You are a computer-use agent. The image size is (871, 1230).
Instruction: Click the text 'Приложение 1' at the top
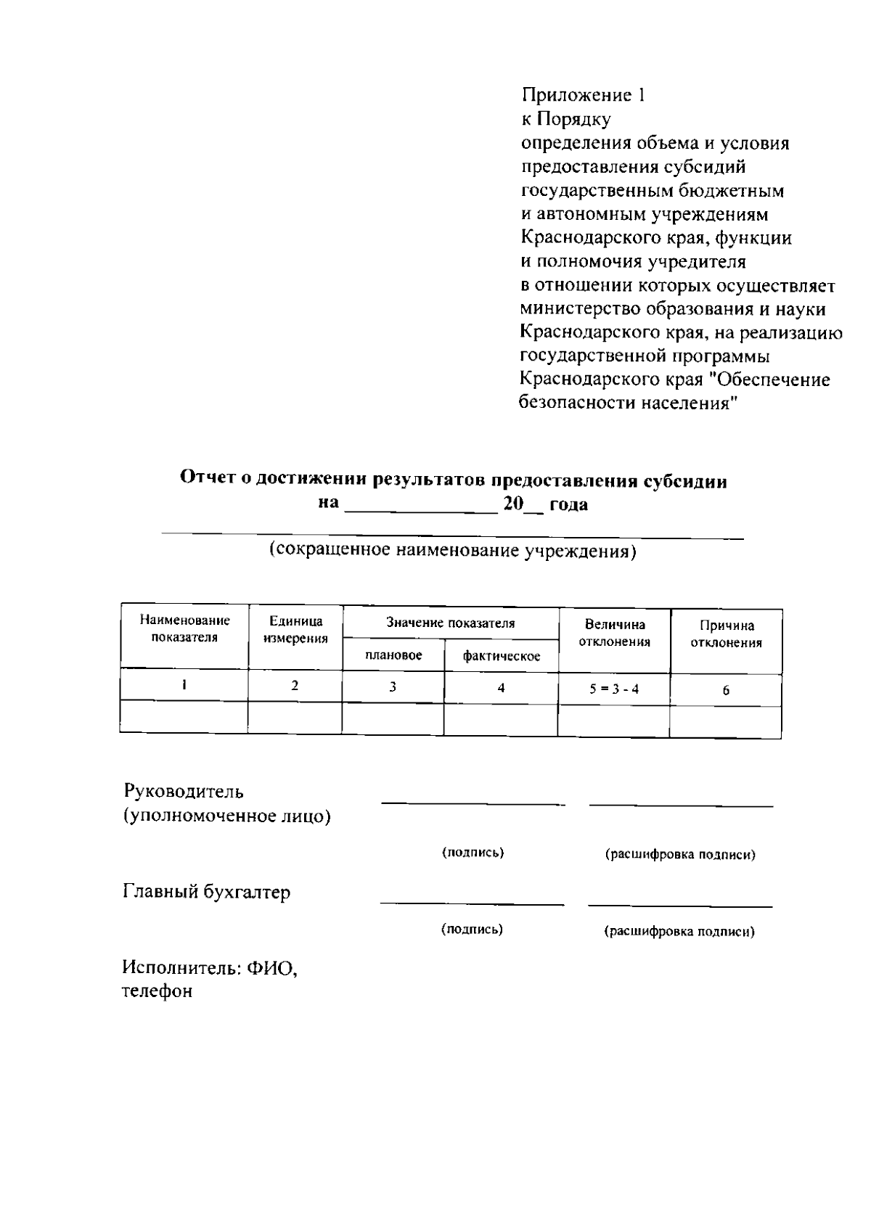(x=583, y=95)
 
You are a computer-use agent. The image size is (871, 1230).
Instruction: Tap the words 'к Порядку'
(x=566, y=119)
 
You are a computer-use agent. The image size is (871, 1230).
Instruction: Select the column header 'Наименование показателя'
(x=184, y=628)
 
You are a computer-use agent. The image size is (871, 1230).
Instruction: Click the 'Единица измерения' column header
(x=295, y=630)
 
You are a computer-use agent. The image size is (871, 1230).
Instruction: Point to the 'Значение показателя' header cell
(x=450, y=623)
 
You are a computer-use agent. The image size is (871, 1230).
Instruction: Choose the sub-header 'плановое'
(x=393, y=655)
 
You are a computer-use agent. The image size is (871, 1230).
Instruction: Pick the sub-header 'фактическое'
(x=502, y=656)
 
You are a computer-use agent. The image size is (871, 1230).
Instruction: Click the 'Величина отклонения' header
(x=614, y=633)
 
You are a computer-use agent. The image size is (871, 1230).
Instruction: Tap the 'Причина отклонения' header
(x=726, y=634)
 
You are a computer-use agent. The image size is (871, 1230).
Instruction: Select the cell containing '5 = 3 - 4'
(x=614, y=689)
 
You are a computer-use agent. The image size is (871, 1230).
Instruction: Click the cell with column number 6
(x=726, y=690)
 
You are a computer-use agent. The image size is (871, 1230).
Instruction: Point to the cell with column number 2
(x=295, y=685)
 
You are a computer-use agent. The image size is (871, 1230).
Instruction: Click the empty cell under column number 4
(x=501, y=719)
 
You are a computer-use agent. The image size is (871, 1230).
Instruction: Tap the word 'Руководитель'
(x=184, y=790)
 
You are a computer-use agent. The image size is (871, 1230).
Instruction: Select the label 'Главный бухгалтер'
(x=207, y=891)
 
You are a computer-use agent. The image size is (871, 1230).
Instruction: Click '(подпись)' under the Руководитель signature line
(x=473, y=852)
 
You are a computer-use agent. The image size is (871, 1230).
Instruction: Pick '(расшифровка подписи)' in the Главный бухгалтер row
(x=679, y=932)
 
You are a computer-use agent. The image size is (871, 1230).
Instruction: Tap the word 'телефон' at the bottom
(x=157, y=991)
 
